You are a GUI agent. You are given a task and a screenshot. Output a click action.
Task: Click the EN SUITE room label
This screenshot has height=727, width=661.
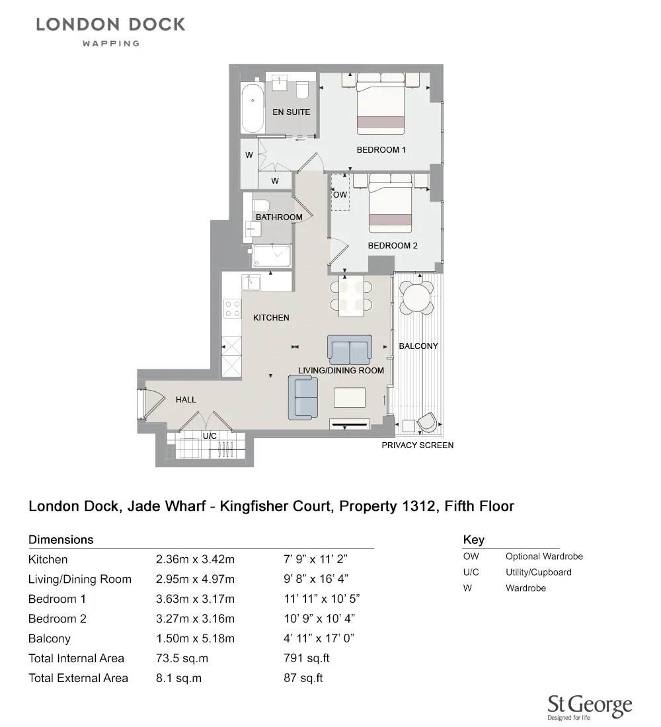pyautogui.click(x=291, y=112)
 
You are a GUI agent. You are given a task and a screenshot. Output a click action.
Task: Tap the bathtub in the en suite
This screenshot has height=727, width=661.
pyautogui.click(x=252, y=108)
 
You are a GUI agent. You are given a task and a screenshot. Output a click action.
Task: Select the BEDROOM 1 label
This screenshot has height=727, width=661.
pyautogui.click(x=381, y=150)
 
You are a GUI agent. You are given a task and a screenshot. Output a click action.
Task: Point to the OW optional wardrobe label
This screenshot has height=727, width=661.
pyautogui.click(x=340, y=195)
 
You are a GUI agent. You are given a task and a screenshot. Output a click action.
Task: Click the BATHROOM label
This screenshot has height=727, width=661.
pyautogui.click(x=279, y=217)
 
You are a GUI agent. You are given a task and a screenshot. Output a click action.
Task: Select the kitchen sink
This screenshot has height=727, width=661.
pyautogui.click(x=252, y=282)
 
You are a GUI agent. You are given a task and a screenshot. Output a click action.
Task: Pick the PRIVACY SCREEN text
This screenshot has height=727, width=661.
pyautogui.click(x=417, y=445)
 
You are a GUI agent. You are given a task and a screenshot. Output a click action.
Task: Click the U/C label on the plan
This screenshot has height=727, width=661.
pyautogui.click(x=210, y=436)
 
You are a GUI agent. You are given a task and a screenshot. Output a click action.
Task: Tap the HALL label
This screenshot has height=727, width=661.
pyautogui.click(x=186, y=400)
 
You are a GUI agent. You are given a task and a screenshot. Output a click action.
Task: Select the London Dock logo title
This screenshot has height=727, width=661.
pyautogui.click(x=110, y=25)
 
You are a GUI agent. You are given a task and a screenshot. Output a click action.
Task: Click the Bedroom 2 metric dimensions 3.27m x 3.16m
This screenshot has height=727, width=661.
pyautogui.click(x=195, y=619)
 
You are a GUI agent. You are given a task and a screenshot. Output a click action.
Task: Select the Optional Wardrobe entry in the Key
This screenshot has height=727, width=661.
pyautogui.click(x=544, y=556)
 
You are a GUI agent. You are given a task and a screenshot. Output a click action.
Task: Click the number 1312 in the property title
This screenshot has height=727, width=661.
pyautogui.click(x=418, y=507)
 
